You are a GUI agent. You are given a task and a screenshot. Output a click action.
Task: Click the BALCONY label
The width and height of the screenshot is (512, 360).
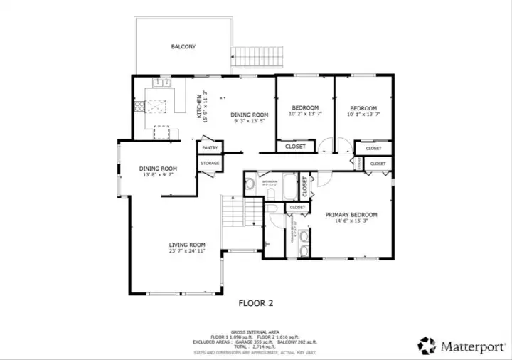pyautogui.click(x=183, y=47)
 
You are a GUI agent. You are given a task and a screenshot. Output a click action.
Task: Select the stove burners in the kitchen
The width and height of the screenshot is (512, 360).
pyautogui.click(x=139, y=107)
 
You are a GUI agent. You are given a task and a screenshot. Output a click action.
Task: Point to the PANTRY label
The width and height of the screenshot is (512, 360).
pyautogui.click(x=210, y=148)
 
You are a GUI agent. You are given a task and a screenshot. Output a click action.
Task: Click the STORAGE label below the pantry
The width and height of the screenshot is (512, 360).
pyautogui.click(x=210, y=164)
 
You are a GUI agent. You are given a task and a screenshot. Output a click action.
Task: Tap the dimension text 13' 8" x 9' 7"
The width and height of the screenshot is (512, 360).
pyautogui.click(x=158, y=175)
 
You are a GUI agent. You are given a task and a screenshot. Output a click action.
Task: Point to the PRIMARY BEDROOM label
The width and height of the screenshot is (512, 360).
pyautogui.click(x=351, y=214)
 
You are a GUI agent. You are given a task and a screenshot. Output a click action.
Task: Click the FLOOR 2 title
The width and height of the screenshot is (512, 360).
pyautogui.click(x=255, y=302)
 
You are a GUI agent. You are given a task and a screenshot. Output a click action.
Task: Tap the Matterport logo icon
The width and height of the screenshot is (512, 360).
pyautogui.click(x=427, y=346)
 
